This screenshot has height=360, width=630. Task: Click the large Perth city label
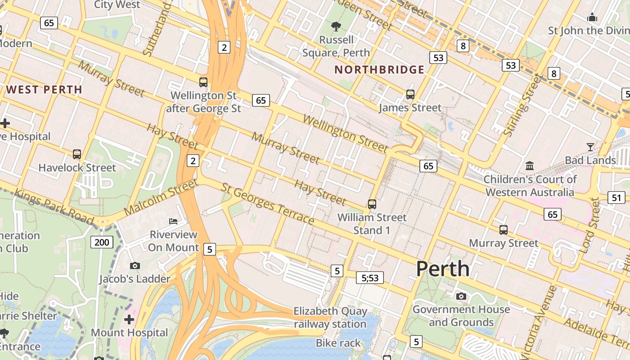(x=443, y=269)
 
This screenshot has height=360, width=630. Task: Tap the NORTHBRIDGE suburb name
(x=379, y=70)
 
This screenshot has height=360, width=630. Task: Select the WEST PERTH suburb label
(x=44, y=90)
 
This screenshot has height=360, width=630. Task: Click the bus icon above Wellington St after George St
(x=203, y=82)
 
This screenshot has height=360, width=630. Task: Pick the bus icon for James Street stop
(x=410, y=94)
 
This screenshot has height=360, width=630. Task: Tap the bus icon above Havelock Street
(x=77, y=154)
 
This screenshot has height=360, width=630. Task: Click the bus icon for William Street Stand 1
(x=372, y=204)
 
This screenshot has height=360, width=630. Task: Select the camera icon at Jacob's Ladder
(x=135, y=266)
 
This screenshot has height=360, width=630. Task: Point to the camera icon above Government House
(x=461, y=296)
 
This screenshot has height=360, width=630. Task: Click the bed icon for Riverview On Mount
(x=173, y=221)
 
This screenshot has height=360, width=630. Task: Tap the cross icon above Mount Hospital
(x=129, y=319)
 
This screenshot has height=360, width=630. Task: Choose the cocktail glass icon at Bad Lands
(x=590, y=147)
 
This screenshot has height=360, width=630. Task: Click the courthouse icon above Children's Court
(x=530, y=166)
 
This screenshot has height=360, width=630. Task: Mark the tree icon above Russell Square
(x=336, y=27)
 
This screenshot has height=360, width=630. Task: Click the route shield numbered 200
(x=102, y=243)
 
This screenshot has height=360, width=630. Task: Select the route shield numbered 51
(x=616, y=198)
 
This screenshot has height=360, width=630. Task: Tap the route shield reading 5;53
(x=370, y=278)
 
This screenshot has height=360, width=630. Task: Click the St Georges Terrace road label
(x=268, y=204)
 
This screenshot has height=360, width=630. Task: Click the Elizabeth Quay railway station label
(x=330, y=317)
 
